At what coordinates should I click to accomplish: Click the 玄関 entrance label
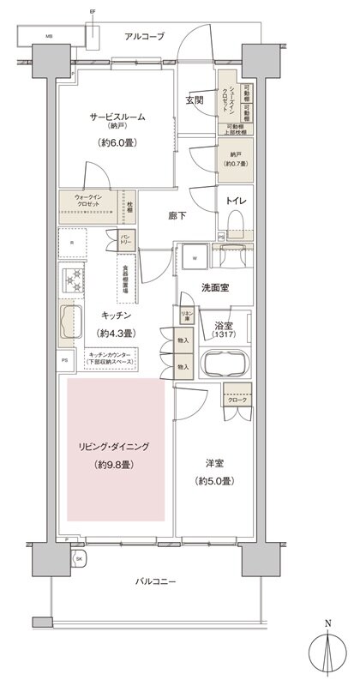coord(194,100)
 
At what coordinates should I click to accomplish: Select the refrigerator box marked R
coord(73,243)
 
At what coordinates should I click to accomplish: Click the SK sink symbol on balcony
coord(79,559)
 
